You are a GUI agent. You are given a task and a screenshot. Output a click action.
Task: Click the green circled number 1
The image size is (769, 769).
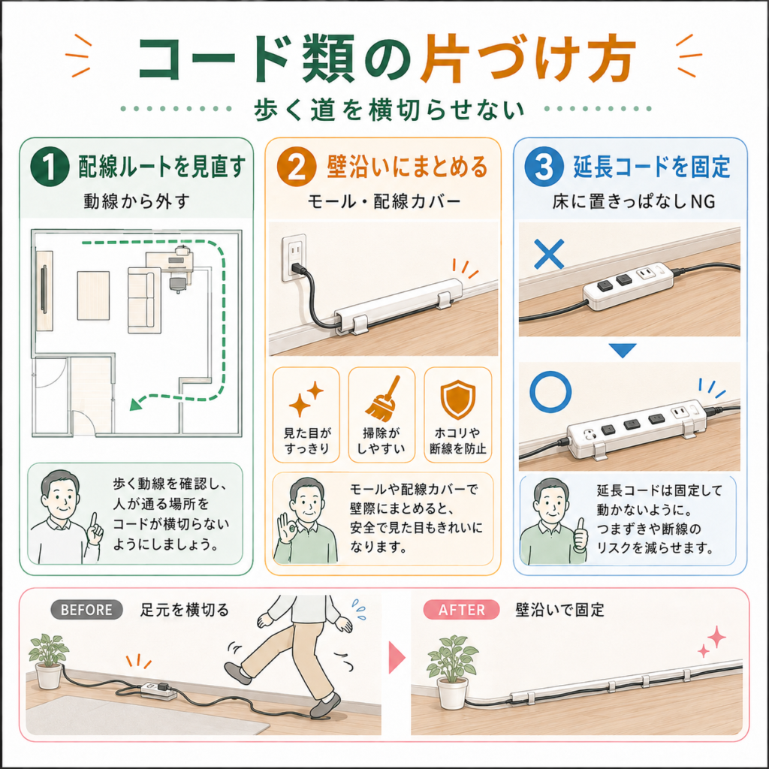click(50, 167)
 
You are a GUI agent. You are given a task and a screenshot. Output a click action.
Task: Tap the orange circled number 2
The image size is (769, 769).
click(296, 167)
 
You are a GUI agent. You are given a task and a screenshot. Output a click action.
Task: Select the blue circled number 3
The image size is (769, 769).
click(544, 167)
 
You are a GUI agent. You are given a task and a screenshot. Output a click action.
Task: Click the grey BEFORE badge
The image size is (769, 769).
click(87, 610)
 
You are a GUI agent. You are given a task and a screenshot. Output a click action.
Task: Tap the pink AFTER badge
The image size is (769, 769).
click(462, 610)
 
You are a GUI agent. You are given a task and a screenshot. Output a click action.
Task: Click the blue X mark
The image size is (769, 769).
click(549, 254)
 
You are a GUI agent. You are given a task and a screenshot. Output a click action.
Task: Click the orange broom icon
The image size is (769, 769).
click(381, 398)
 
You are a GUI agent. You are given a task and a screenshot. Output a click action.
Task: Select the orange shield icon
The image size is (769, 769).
click(457, 400)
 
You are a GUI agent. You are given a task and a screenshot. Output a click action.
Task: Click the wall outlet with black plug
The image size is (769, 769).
click(294, 258)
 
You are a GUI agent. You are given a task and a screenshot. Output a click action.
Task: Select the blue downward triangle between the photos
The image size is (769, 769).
click(623, 350)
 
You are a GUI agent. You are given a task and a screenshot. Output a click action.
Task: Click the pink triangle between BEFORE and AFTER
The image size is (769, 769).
click(397, 657)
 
